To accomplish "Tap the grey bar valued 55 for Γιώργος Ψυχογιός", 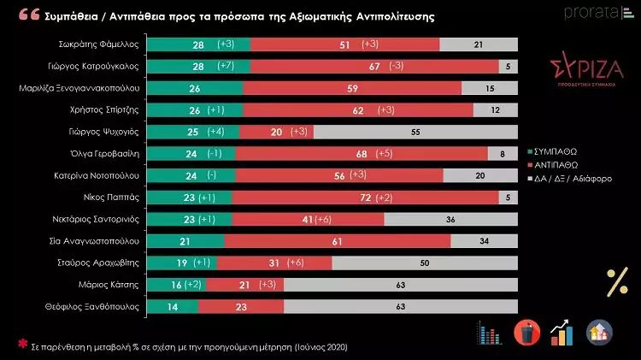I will point(415,132).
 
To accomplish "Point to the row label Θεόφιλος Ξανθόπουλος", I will point(98,305).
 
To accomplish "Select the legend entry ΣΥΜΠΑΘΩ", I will point(556,150).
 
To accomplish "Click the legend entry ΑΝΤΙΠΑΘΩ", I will point(556,164).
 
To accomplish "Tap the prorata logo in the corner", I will point(597,12).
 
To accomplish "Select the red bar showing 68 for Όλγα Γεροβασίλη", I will point(362,153).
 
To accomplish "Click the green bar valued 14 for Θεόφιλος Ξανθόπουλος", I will point(173,305).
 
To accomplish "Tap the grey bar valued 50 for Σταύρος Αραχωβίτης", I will point(424,262).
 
